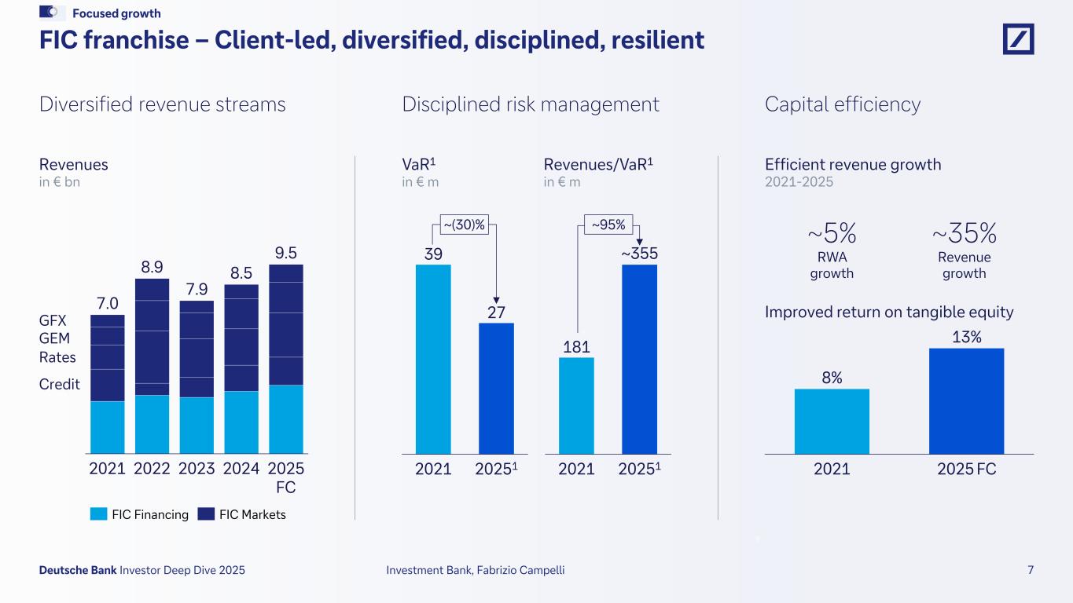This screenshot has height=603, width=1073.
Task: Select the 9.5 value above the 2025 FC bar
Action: pos(286,253)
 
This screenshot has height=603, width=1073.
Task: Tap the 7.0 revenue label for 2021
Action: pos(108,303)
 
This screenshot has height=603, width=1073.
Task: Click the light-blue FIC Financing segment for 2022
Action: pos(152,424)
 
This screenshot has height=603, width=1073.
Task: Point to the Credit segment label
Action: pos(60,384)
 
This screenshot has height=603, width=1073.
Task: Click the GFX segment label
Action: pos(53,321)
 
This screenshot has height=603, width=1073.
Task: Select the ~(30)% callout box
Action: pos(462,225)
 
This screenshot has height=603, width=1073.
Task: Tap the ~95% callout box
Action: pos(608,225)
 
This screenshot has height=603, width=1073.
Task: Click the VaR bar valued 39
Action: pos(433,359)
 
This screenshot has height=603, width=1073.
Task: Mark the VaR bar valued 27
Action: pos(496,388)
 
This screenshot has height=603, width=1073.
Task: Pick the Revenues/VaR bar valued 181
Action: pos(576,405)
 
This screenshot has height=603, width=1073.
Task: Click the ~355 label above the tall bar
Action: pos(639,254)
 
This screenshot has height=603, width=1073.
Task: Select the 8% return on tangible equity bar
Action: pos(832,421)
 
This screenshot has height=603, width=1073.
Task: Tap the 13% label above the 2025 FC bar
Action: pos(966,337)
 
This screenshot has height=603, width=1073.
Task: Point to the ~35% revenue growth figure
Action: pos(965,233)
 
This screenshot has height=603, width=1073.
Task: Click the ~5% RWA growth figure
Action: pos(832,233)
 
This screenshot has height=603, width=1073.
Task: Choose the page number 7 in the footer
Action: pos(1031,570)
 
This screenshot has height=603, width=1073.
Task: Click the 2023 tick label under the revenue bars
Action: pos(197,470)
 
